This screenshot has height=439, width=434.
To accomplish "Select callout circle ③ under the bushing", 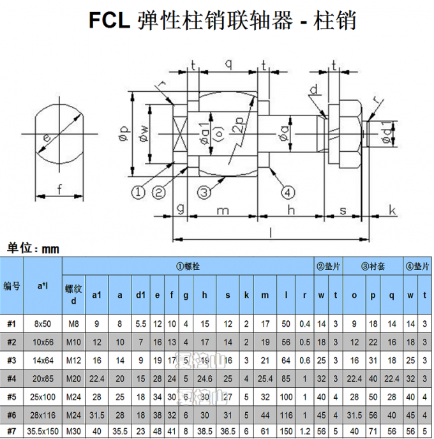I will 203,191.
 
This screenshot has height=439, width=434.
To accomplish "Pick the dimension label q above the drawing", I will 227,63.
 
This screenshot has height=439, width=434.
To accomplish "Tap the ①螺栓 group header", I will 188,266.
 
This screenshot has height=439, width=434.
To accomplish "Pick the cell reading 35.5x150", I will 43,433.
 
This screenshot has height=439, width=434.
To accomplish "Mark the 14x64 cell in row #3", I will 43,360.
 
